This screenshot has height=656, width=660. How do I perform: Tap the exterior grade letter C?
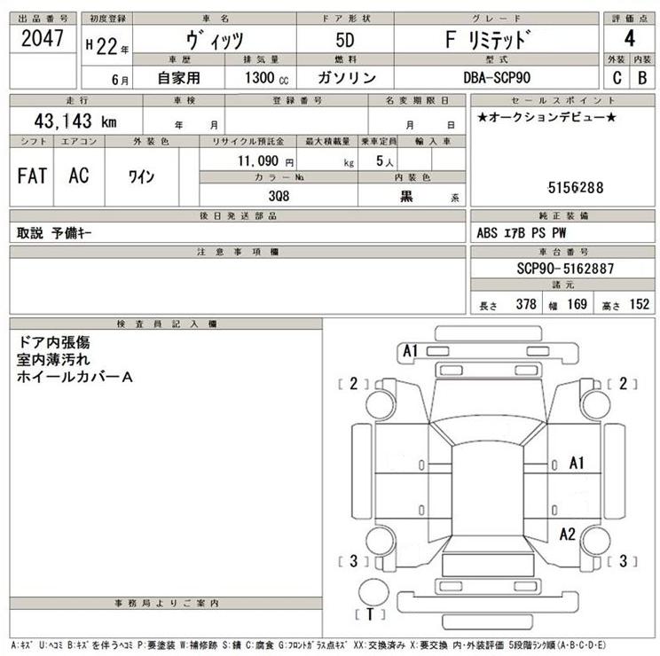click(616, 77)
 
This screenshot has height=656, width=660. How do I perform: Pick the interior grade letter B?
click(643, 77)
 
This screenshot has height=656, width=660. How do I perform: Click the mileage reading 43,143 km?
click(67, 122)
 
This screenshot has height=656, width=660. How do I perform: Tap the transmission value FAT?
click(32, 176)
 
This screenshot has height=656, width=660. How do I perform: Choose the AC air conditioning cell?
click(78, 176)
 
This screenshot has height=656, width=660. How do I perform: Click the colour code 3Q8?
click(279, 197)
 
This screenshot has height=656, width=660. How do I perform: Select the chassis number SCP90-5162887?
click(564, 268)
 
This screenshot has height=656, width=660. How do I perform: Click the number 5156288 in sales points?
click(575, 187)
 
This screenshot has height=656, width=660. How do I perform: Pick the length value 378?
click(526, 304)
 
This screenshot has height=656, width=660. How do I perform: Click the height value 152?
click(638, 304)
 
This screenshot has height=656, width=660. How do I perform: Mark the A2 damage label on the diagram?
click(568, 534)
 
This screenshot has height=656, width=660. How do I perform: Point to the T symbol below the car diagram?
click(368, 614)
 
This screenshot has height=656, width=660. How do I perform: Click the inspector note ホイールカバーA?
click(75, 378)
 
